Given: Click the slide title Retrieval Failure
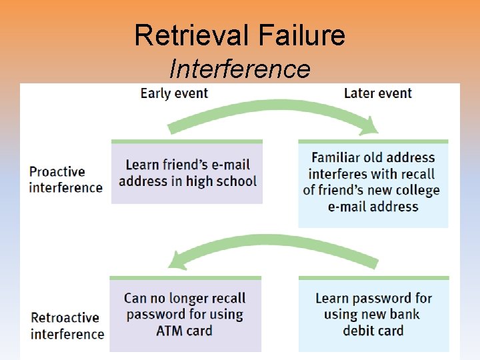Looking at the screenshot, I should pos(239,35).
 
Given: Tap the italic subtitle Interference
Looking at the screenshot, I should pos(239,68).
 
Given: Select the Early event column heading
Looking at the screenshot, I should pos(174,93).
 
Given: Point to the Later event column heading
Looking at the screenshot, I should pos(378,93).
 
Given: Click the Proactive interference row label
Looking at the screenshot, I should pos(65,179).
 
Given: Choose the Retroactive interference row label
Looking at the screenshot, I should pos(67,326).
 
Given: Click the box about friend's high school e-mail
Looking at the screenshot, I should pos(187,172).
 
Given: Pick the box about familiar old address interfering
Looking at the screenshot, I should pos(373,183).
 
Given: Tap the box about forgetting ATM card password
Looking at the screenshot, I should pos(185,314).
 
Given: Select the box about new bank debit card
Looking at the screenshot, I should pos(373,314).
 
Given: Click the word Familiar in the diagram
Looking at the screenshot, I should pos(339,158).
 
